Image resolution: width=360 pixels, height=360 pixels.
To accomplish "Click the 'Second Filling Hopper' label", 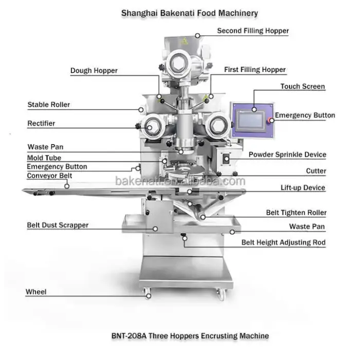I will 253,31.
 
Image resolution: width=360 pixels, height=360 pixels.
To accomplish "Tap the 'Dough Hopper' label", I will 94,70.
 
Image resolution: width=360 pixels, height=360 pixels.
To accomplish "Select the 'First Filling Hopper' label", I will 255,69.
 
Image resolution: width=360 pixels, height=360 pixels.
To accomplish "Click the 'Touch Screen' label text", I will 302,86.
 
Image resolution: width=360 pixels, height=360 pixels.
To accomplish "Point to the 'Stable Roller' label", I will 48,105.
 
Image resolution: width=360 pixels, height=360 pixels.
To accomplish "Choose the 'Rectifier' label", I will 41,123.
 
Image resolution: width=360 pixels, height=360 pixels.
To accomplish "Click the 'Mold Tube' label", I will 44,158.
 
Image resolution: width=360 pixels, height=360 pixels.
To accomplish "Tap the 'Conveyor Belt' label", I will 49,176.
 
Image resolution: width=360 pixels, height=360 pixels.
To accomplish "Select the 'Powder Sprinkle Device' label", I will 287,154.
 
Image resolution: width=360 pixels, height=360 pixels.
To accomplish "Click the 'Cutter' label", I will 316,171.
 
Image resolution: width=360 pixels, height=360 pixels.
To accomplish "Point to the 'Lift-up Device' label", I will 302,188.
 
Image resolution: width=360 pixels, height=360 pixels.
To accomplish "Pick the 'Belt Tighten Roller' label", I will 296,212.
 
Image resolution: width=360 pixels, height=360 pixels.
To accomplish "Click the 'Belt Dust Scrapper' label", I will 58,225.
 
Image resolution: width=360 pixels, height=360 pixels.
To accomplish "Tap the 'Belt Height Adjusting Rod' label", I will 283,242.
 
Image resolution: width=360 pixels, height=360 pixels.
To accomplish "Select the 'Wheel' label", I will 36,292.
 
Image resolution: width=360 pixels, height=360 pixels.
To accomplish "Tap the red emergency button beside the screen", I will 271,121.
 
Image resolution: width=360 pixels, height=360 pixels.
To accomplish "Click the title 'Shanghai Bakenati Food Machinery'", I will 189,12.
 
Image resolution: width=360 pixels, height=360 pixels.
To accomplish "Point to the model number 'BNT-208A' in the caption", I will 130,336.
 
